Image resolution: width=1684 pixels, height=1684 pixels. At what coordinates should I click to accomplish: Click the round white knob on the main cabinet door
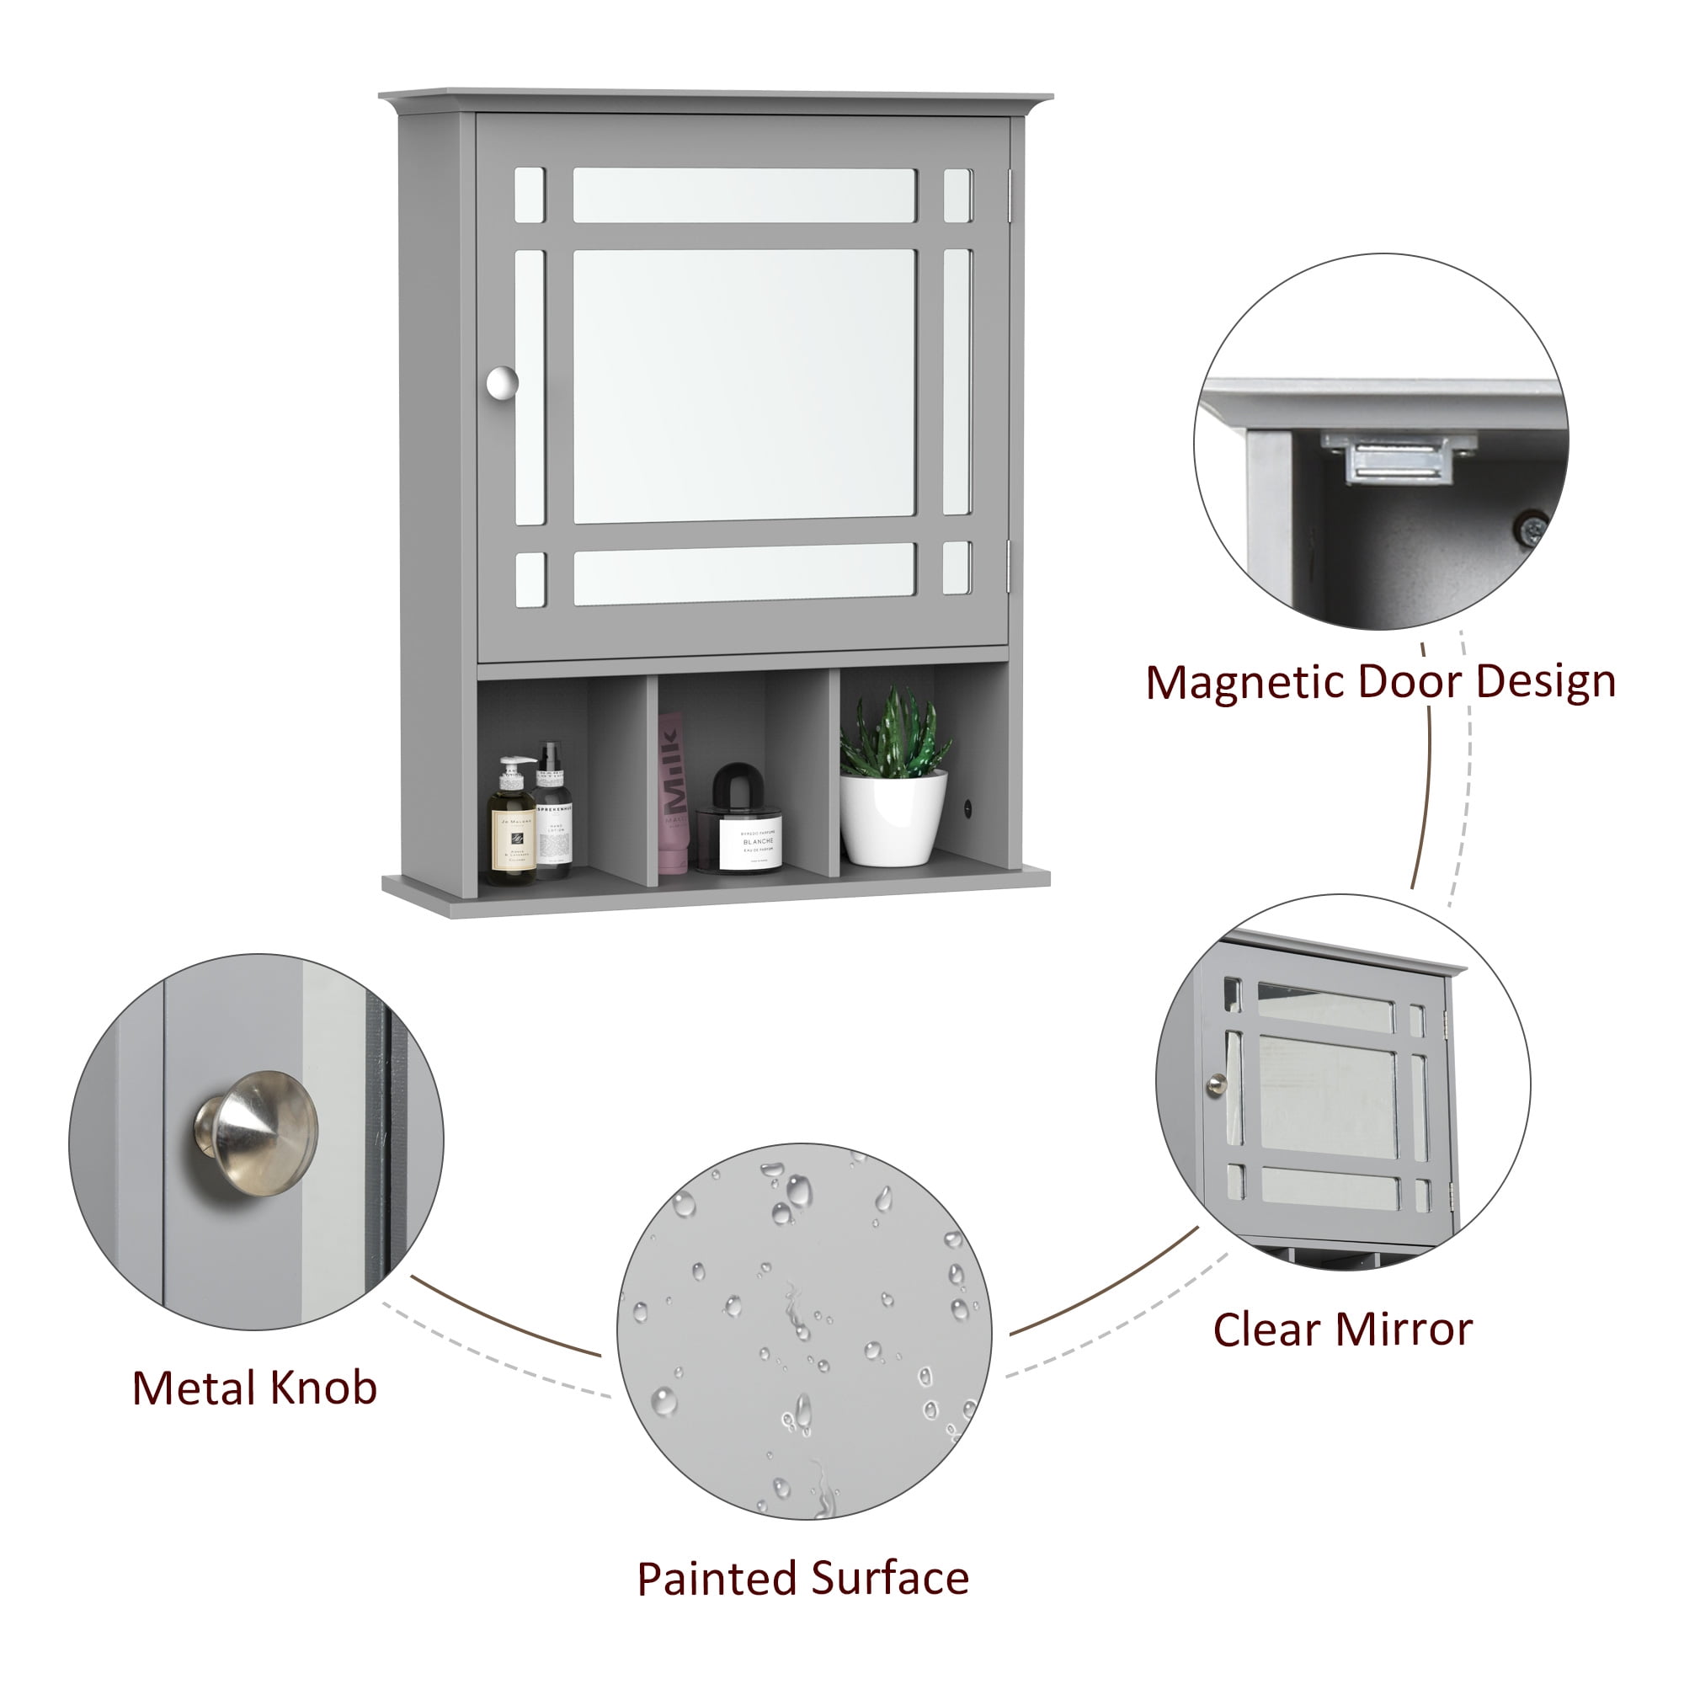click(x=501, y=382)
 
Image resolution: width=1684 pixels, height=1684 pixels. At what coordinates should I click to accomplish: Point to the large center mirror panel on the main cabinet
click(x=744, y=386)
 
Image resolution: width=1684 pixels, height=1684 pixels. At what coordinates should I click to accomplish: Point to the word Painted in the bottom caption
click(x=716, y=1580)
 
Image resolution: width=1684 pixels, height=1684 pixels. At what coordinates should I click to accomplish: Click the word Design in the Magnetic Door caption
click(x=1545, y=683)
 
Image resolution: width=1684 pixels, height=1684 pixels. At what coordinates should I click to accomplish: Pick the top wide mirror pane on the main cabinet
click(x=744, y=195)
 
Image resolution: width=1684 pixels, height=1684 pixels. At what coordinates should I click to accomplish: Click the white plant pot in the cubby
click(x=893, y=819)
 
